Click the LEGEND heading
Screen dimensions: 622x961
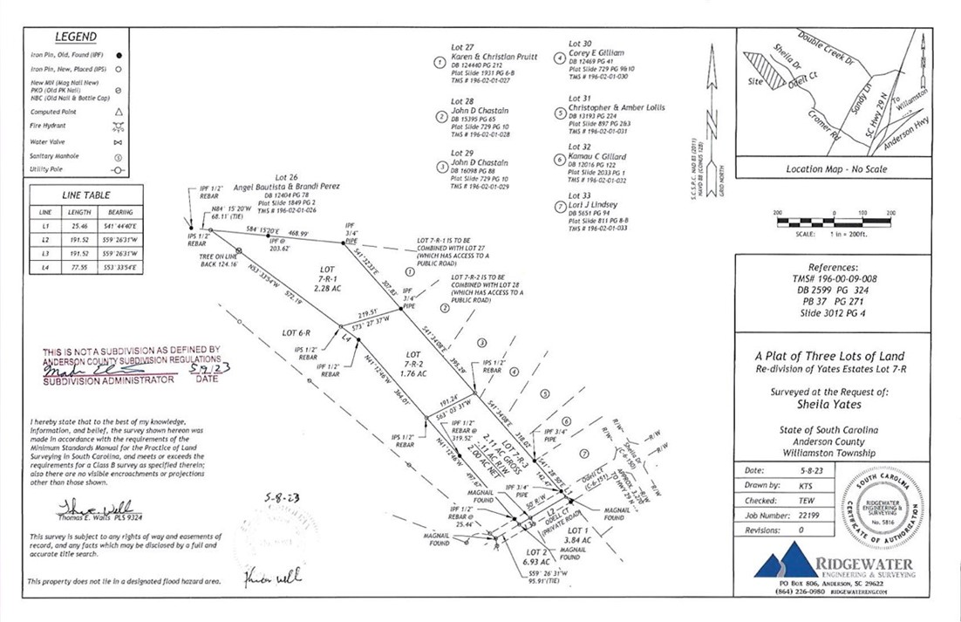coord(76,38)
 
